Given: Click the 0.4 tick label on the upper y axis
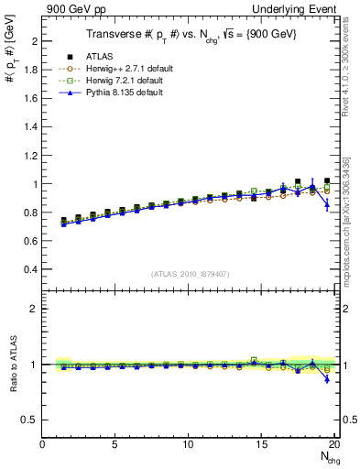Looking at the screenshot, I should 30,269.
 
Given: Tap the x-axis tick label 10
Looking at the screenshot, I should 188,445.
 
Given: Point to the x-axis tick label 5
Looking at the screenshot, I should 115,445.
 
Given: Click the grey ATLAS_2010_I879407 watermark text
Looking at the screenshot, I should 190,272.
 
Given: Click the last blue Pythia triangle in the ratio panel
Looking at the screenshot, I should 327,378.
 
